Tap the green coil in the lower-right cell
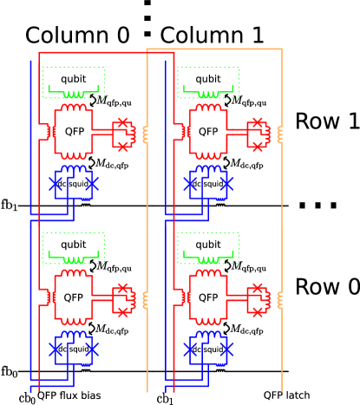(208, 259)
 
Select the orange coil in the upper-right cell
(279, 134)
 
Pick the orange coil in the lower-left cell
(145, 299)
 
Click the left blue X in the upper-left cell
(55, 184)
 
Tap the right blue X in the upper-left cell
(92, 184)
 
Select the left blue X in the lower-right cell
(189, 349)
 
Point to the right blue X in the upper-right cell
(226, 184)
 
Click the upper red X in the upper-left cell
(122, 122)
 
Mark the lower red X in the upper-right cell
(257, 147)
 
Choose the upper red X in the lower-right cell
(257, 287)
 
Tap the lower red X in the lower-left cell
(122, 311)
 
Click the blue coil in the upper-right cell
(208, 168)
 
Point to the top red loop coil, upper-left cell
(74, 108)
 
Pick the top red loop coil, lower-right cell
(208, 273)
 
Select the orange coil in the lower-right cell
(279, 299)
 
